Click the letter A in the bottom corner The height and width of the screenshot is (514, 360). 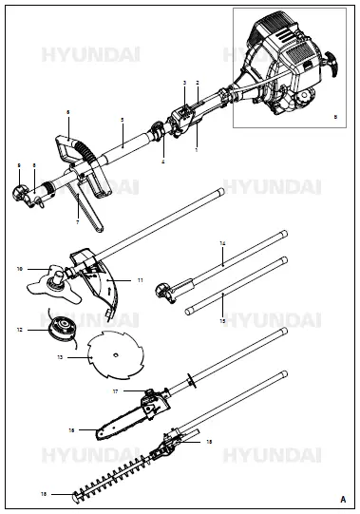(x=342, y=498)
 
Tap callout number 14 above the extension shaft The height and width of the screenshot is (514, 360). (x=222, y=244)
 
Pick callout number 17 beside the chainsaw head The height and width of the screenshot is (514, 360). (x=115, y=390)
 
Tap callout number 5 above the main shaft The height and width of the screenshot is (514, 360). (x=123, y=120)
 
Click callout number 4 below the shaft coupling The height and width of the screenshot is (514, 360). (x=162, y=162)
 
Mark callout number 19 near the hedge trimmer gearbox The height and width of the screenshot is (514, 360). (x=209, y=442)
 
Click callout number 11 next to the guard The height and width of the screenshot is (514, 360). (x=140, y=281)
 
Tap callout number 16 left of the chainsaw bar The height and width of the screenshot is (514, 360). (x=72, y=429)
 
